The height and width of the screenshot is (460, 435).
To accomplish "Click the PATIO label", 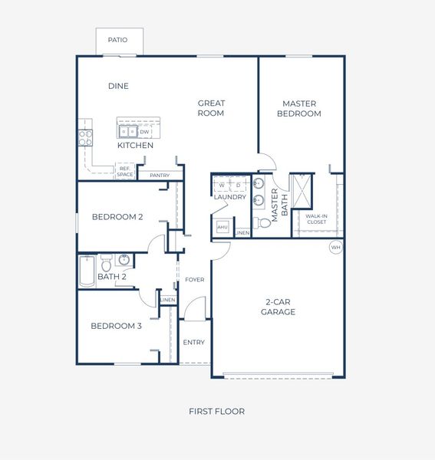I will (117, 40).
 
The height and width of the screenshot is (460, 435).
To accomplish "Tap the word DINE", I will (118, 86).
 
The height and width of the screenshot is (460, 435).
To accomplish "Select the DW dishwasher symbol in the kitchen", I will (144, 132).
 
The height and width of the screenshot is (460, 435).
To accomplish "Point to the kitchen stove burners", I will (84, 137).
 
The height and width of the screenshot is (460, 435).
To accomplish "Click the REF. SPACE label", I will (126, 172).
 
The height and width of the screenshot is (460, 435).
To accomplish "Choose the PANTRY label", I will (160, 175).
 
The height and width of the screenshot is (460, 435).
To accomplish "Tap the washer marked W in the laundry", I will (222, 186).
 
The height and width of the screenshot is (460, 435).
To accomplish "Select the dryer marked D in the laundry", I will (238, 186).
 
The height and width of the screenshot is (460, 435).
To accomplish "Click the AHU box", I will (222, 228).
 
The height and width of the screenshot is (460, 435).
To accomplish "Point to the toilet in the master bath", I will (263, 223).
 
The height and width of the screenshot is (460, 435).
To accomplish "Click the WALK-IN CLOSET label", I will (316, 219).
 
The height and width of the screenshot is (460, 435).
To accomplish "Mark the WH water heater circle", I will (335, 247).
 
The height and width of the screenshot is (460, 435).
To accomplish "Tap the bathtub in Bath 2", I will (86, 271).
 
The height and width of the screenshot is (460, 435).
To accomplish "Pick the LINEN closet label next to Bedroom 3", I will (168, 299).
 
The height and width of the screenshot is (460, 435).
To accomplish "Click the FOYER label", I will (195, 280).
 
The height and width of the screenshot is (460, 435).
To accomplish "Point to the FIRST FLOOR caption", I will (217, 412).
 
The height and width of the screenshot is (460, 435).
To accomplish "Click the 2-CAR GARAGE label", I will (278, 307).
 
